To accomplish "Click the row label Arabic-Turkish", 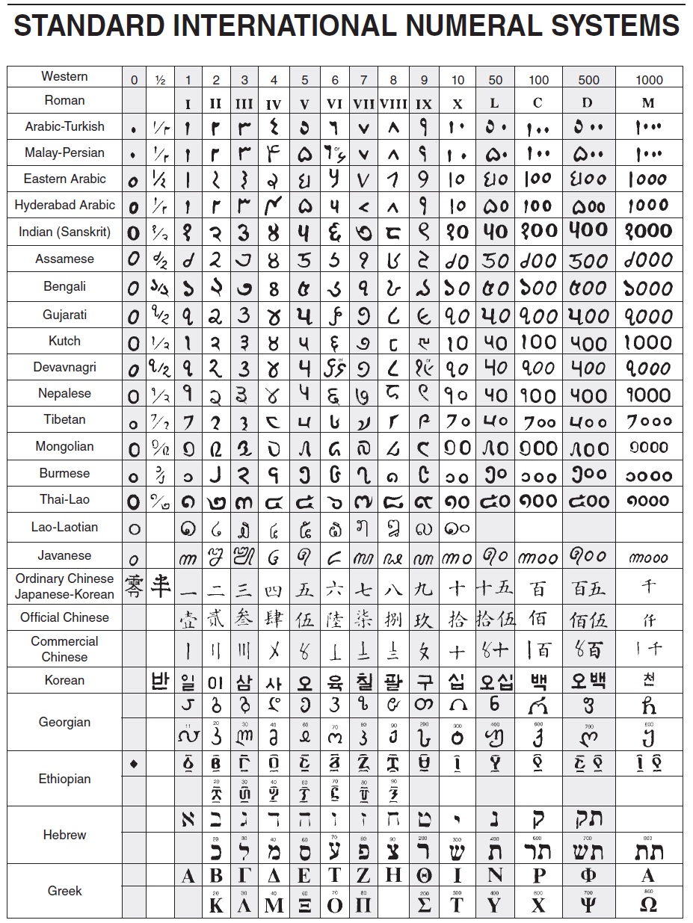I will [64, 126].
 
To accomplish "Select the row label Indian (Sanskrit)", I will [64, 232].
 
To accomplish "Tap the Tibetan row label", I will [64, 419].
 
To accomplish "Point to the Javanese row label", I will [64, 555].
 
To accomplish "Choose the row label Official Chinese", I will [64, 617].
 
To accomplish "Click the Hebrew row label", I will [64, 835].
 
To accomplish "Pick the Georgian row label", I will [64, 722].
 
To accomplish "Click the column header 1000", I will [649, 79].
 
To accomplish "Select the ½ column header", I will [160, 79].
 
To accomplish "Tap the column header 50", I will [495, 79].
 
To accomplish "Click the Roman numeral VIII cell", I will [393, 104].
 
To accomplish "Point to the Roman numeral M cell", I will [648, 103].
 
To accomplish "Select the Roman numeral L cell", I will [494, 103].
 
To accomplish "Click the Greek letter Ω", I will [649, 904].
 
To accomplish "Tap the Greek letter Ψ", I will [588, 905].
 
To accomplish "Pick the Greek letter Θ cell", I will [424, 876].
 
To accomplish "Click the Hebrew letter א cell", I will [188, 819].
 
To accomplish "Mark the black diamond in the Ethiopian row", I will [134, 763].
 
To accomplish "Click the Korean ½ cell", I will [160, 681].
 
